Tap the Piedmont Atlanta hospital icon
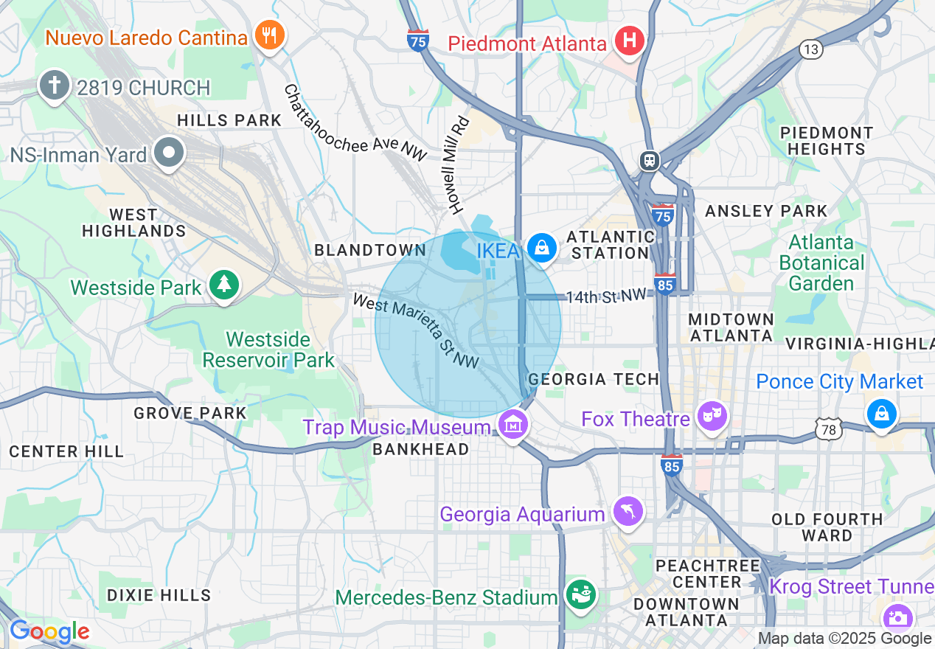coord(629,41)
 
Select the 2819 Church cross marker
coord(55,85)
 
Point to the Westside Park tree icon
coord(224,285)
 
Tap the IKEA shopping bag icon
coord(542,248)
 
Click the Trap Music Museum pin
coord(513,424)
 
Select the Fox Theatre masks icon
coord(713,415)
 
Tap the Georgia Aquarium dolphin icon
coord(628,510)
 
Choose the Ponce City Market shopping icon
coord(881,413)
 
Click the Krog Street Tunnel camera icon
coord(899,618)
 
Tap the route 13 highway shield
coord(810,49)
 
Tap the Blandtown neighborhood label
coord(369,250)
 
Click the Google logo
coord(49,631)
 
